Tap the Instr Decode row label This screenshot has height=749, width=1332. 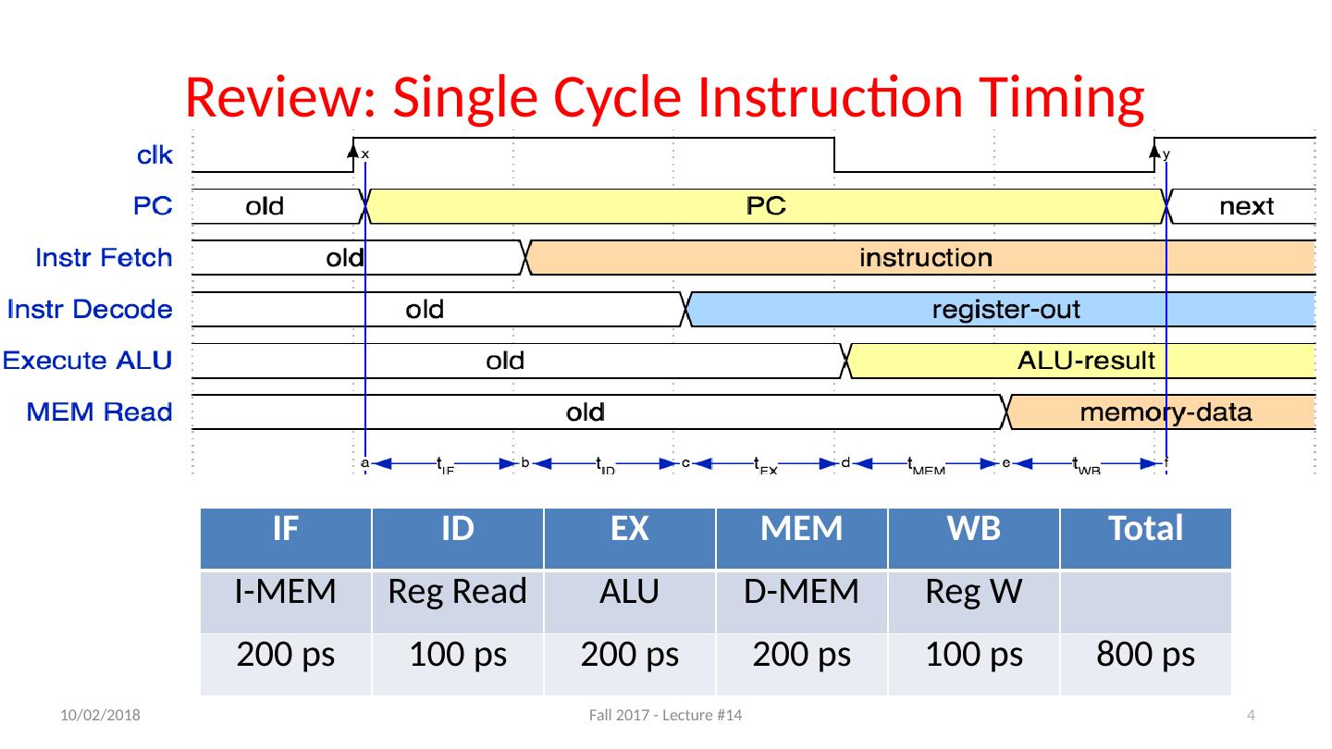click(x=90, y=309)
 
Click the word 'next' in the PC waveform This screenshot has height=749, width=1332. click(x=1246, y=206)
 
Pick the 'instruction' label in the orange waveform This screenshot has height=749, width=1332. click(x=926, y=257)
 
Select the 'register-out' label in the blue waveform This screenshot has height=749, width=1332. click(x=1005, y=309)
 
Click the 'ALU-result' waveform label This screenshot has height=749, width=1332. click(x=1086, y=361)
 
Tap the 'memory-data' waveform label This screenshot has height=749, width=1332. click(x=1166, y=412)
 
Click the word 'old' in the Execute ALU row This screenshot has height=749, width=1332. click(x=505, y=361)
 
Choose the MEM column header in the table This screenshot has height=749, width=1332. click(x=801, y=529)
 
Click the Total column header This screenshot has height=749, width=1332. click(x=1146, y=529)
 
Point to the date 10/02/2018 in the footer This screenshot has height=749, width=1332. click(x=101, y=716)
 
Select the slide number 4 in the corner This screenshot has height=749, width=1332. click(x=1251, y=716)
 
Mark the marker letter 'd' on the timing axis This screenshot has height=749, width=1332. click(x=845, y=464)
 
